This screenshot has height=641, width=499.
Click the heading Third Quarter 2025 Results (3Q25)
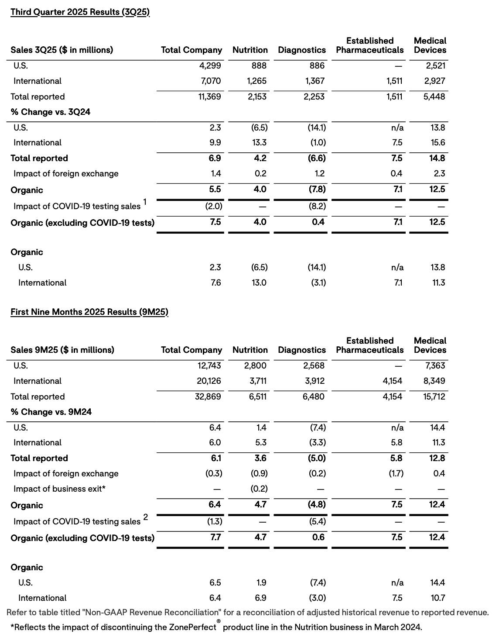[x=80, y=12]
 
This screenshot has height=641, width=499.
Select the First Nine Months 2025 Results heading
[x=89, y=312]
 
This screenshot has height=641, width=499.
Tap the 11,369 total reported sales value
[x=210, y=96]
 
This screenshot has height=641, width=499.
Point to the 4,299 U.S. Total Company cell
[x=210, y=65]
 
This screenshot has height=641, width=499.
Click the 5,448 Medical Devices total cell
[x=434, y=96]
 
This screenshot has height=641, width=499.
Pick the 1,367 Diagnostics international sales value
[x=314, y=81]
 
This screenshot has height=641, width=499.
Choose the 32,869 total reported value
[x=208, y=396]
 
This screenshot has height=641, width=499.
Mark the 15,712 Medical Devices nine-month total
[x=434, y=396]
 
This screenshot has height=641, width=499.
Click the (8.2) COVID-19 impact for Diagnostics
[x=317, y=206]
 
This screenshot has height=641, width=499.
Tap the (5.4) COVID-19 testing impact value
[x=317, y=521]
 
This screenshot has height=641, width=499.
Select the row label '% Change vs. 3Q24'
[x=51, y=112]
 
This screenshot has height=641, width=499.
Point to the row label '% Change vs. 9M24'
[x=51, y=412]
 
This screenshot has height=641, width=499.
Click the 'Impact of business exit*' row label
[x=59, y=489]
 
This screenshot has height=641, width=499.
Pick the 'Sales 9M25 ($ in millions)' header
[x=62, y=350]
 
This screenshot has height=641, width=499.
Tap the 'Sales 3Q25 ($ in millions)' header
[x=62, y=50]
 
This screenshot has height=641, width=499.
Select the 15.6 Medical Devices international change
[x=438, y=142]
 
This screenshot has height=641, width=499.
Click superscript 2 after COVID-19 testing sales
[x=146, y=517]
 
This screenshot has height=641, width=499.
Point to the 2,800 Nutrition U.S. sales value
[x=255, y=365]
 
